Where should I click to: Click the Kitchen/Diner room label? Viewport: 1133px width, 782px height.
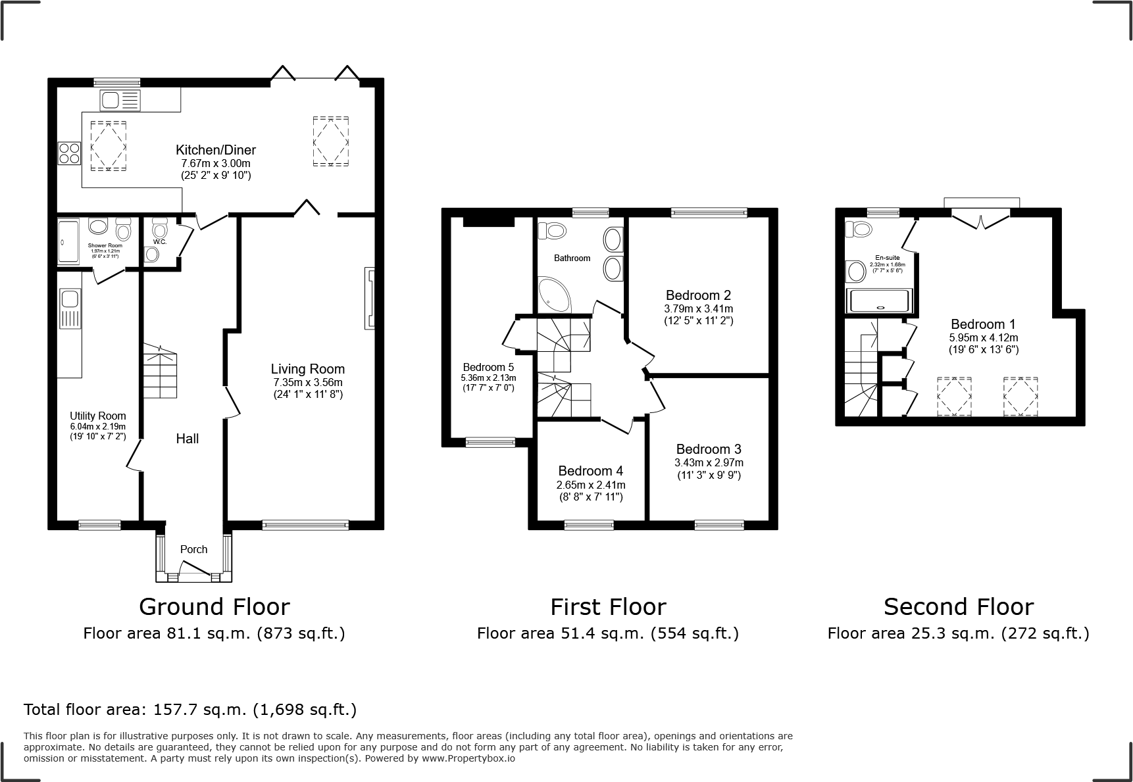(x=215, y=150)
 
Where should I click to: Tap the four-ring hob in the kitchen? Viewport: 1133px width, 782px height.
(x=69, y=153)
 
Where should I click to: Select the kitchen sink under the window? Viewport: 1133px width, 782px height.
(x=120, y=101)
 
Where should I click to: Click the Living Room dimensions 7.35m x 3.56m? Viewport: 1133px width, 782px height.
(x=308, y=382)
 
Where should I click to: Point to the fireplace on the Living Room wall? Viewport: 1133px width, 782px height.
(x=370, y=298)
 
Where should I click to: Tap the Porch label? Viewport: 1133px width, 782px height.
(x=193, y=549)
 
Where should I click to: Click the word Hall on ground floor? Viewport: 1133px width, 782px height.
(x=187, y=439)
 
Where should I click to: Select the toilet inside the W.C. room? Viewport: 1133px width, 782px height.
(x=159, y=231)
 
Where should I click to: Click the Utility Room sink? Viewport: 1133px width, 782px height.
(x=69, y=300)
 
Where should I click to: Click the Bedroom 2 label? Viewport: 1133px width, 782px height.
(x=698, y=295)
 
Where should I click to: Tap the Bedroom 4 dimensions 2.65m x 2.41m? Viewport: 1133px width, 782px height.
(x=590, y=485)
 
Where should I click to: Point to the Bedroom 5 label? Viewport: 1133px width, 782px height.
(x=488, y=368)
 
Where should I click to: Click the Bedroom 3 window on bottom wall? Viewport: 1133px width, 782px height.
(x=719, y=524)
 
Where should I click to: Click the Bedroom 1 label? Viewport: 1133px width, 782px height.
(x=983, y=324)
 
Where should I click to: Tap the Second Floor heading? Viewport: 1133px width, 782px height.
(x=958, y=606)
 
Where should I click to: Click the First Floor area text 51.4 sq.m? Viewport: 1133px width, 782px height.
(x=607, y=633)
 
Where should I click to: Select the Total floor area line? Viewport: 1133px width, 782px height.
(x=190, y=710)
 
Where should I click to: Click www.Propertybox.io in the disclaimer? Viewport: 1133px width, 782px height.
(x=468, y=758)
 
